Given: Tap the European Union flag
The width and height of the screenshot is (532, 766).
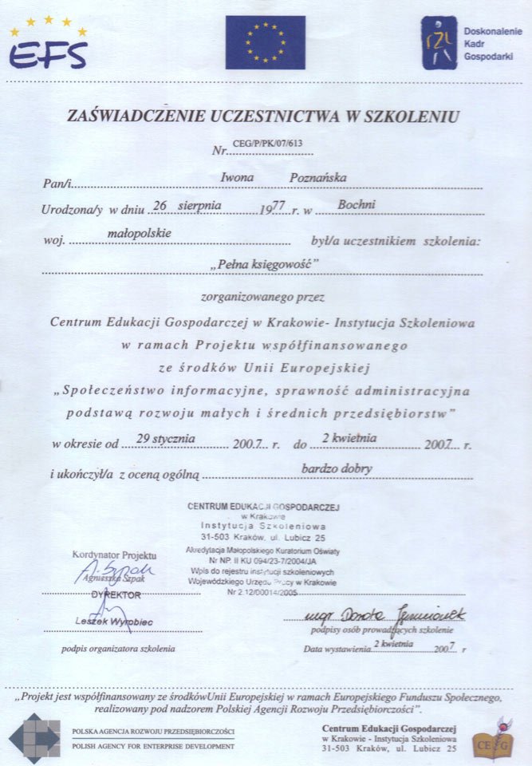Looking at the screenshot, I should pos(265,42).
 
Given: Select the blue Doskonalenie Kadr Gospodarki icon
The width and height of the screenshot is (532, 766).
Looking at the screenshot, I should pos(439,43).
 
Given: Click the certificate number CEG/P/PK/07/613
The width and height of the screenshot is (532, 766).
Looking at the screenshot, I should pos(267,144).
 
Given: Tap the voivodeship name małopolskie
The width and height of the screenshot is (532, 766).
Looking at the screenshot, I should pos(139,233).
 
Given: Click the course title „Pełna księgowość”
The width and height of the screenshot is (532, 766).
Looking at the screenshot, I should pos(264,263).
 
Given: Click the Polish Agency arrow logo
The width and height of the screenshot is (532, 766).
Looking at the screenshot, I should pos(33,738).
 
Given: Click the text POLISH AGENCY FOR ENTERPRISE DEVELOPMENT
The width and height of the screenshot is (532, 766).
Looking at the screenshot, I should pos(153,746).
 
